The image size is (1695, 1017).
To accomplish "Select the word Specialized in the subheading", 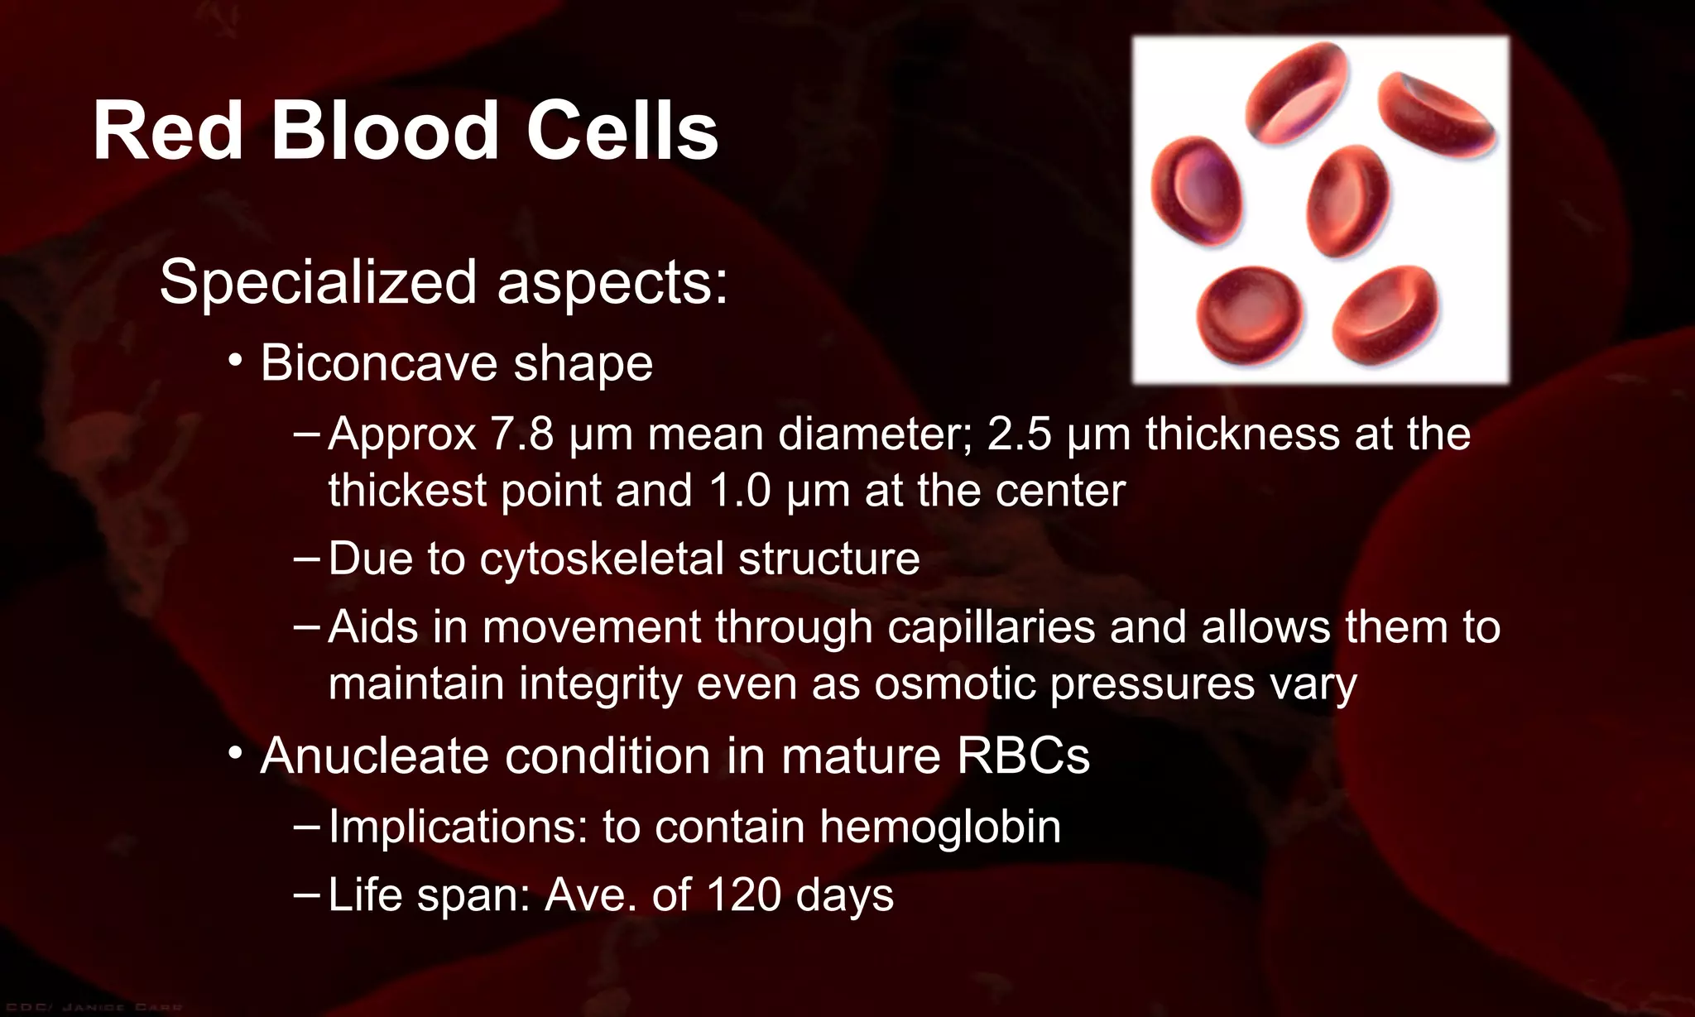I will (x=318, y=283).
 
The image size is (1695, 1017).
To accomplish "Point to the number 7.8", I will (x=522, y=434).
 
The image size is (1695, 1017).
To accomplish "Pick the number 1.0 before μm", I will (x=740, y=491).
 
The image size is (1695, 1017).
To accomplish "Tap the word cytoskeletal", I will (x=602, y=559).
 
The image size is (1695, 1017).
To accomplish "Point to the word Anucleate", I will (x=374, y=756).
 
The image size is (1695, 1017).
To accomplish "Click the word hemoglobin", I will (x=940, y=827).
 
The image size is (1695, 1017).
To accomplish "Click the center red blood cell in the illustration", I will (x=1348, y=201).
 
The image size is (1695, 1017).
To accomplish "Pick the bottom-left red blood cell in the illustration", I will (x=1250, y=314).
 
